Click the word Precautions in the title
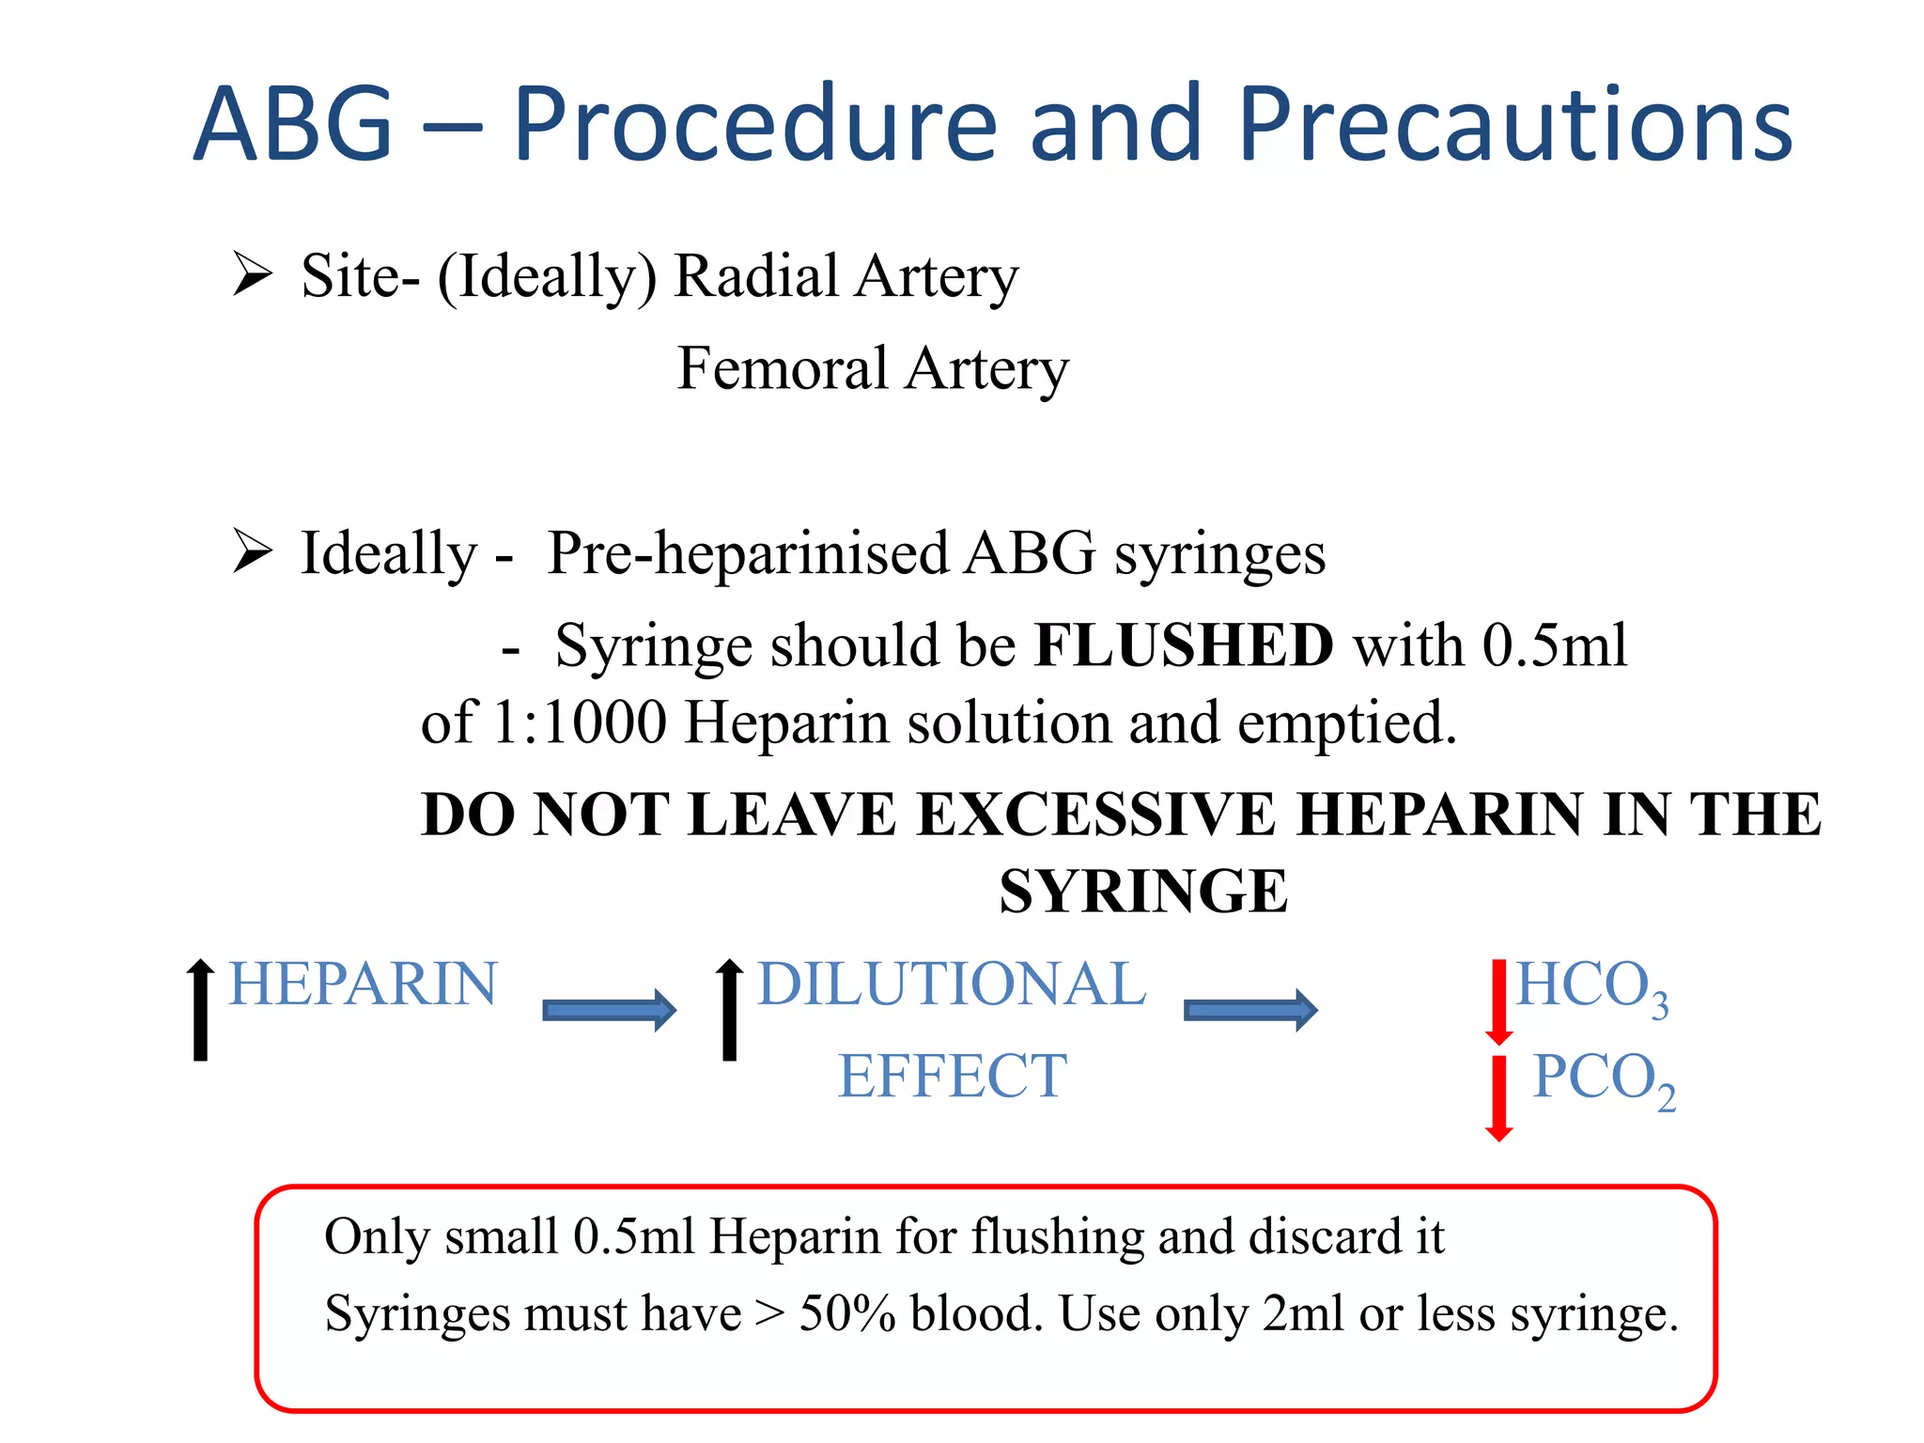coord(1514,125)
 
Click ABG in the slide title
coord(293,125)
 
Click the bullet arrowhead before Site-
coord(252,274)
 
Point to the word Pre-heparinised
coord(747,554)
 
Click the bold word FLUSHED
coord(1184,645)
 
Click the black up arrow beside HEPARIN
coord(200,1009)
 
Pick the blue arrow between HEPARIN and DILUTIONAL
coord(609,1010)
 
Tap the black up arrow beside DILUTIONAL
coord(729,1009)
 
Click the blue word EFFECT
coord(952,1076)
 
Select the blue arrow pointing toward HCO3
coord(1249,1010)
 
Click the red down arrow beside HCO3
coord(1499,1001)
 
